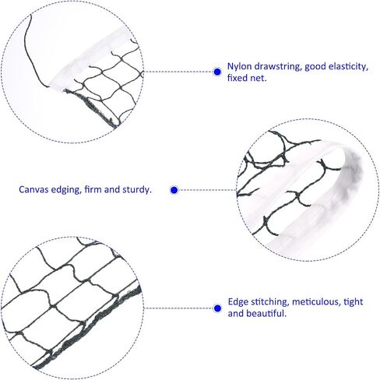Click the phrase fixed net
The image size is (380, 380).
coord(247,78)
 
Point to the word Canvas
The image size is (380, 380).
coord(33,189)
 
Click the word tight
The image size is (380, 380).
coord(353,302)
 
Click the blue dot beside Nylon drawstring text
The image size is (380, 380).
coord(217,72)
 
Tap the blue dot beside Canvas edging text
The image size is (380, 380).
coord(174,190)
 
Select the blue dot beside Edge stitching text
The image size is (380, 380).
coord(217,308)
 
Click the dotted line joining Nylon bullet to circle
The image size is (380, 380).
coord(178,72)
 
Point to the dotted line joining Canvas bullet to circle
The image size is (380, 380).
coord(207,190)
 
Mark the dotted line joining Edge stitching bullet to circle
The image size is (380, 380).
coord(178,308)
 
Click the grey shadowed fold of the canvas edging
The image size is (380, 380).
coord(352,177)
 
